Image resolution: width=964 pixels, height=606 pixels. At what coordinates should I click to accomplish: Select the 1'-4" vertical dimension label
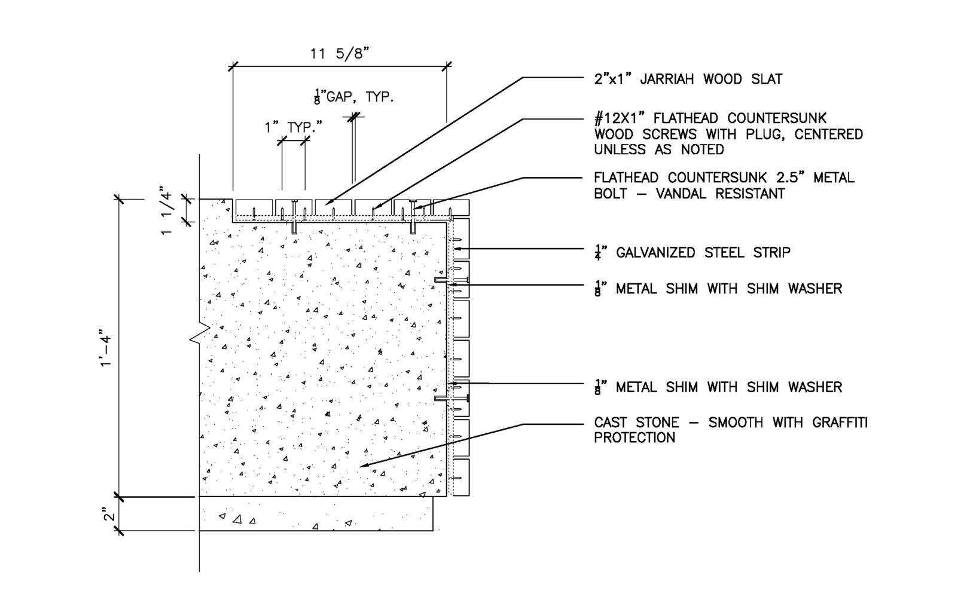pyautogui.click(x=108, y=348)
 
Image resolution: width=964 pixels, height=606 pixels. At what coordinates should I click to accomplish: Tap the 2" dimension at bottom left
pyautogui.click(x=108, y=515)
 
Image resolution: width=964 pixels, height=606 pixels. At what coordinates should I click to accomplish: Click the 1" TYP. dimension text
pyautogui.click(x=293, y=127)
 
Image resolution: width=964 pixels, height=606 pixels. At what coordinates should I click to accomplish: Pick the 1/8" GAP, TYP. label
pyautogui.click(x=354, y=97)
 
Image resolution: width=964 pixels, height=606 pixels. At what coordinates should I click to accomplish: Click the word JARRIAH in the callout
pyautogui.click(x=670, y=79)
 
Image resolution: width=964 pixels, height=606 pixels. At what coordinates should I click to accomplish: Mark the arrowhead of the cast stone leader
pyautogui.click(x=361, y=464)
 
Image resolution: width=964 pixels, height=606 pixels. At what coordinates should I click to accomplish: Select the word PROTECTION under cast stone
pyautogui.click(x=634, y=437)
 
